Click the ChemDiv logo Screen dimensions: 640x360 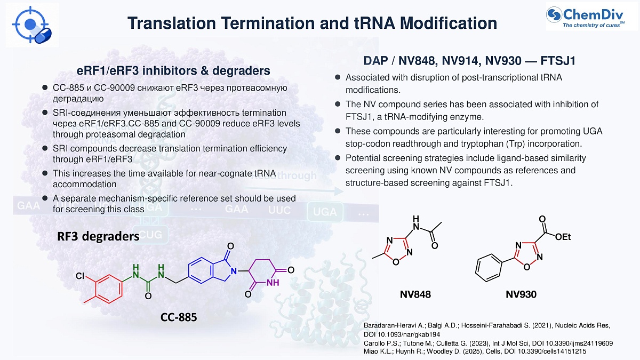coord(591,17)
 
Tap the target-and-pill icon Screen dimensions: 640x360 coord(32,25)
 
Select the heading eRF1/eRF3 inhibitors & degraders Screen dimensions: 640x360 coord(173,70)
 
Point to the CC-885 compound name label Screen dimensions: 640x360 coord(179,317)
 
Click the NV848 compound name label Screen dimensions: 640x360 coord(415,294)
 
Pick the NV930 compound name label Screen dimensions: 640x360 coord(521,294)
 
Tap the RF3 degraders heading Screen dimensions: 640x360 coord(98,237)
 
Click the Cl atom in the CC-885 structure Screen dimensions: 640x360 coord(80,276)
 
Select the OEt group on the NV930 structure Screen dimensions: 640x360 coord(563,237)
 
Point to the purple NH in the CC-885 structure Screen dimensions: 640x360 coord(273,283)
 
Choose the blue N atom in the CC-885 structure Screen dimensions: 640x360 coord(234,271)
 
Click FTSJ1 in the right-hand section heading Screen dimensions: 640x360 coord(558,61)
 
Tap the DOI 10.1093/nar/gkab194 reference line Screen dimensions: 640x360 coord(402,334)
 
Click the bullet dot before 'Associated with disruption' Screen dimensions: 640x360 coord(338,77)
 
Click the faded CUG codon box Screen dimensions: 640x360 coord(150,235)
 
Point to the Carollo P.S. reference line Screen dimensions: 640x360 coord(489,343)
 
